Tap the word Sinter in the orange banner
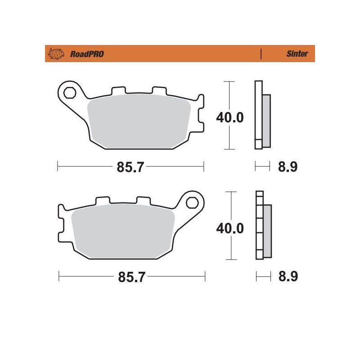(297, 54)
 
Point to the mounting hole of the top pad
(69, 94)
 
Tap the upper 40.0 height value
(230, 118)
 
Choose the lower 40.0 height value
(230, 228)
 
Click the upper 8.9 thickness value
(288, 167)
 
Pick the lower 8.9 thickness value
(288, 277)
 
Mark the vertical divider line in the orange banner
(261, 54)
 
